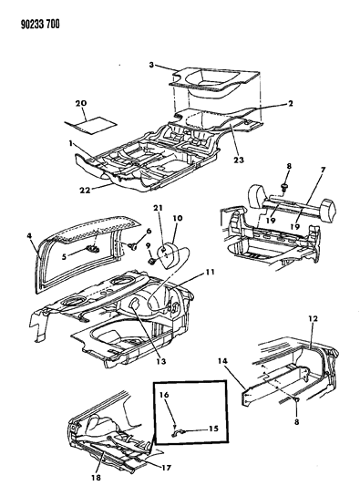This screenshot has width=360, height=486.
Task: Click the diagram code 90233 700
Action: pos(40,25)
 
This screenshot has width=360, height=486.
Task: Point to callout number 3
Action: pos(151,65)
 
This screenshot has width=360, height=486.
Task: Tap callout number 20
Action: pos(81,103)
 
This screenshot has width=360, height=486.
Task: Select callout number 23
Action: pos(239,160)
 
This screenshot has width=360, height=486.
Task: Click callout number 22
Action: pos(85,190)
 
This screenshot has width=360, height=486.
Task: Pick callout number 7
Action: pos(323,170)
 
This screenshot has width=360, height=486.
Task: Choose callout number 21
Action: pos(158,208)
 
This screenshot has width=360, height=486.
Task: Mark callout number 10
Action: pos(178,218)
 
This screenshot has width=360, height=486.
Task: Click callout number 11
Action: pos(210,272)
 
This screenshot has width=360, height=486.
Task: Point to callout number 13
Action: pos(161,361)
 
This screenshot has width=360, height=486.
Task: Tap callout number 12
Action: pos(314,318)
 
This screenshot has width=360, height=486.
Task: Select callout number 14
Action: pos(231,361)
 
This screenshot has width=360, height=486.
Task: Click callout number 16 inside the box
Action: pos(165,395)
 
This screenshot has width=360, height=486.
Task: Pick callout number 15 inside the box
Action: pos(214,429)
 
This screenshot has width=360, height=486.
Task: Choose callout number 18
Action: pos(96,478)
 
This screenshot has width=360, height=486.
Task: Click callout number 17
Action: pos(167,468)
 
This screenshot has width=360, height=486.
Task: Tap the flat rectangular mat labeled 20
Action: pos(91,126)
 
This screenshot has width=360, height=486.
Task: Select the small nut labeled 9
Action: pos(152,262)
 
